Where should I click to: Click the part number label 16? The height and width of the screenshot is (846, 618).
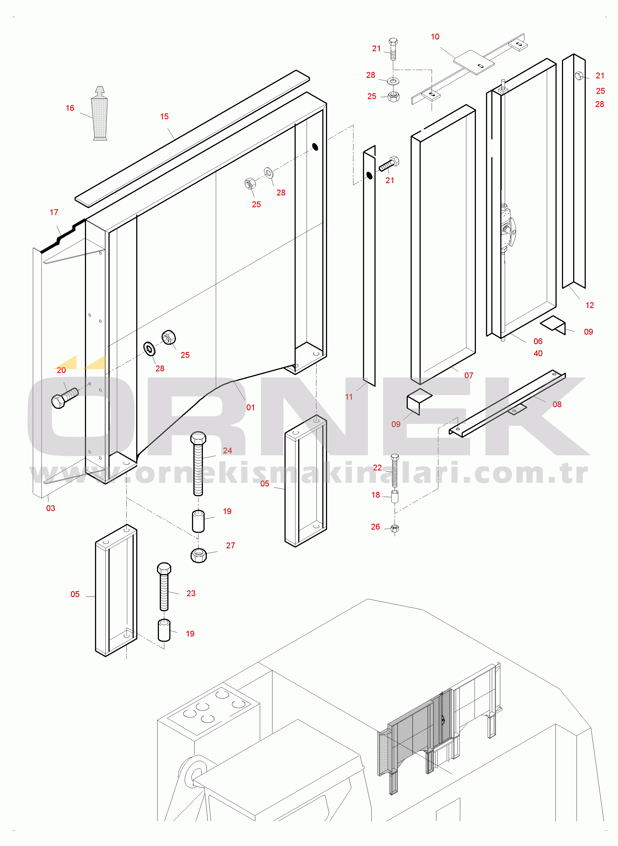coord(70,108)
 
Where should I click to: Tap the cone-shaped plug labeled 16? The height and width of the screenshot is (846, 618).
coord(100,114)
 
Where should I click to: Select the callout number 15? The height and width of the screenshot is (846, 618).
coord(164,116)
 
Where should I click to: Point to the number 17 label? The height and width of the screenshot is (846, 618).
coord(54,212)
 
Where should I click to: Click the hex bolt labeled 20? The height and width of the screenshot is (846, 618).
coord(65,398)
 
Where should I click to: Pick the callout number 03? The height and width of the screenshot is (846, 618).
coord(50,508)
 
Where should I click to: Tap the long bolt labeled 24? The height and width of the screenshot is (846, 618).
coord(198,464)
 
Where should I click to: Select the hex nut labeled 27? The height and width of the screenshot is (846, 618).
coord(199,555)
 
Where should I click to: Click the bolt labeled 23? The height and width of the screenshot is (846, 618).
coord(164,586)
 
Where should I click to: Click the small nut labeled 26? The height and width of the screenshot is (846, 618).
coord(395,528)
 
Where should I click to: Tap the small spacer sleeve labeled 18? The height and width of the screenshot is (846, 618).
coord(395,497)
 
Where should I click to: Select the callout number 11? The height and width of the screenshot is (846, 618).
coord(349,397)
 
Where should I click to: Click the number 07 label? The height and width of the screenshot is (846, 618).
coord(469,376)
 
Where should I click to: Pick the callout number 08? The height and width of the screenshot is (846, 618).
coord(557,404)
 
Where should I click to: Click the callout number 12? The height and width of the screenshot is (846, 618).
coord(590,305)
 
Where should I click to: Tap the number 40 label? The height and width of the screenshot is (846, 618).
coord(538,353)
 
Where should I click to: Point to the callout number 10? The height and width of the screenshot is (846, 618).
coord(435,37)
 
